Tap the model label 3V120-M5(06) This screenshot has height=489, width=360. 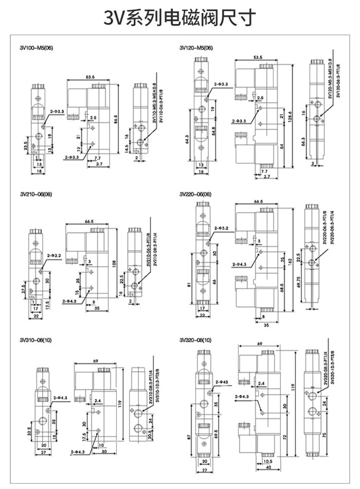click(196, 48)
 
